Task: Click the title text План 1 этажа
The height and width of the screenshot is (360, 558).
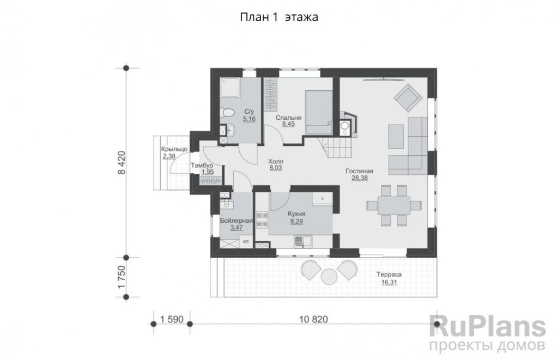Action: tap(279, 17)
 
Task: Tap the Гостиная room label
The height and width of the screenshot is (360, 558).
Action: tap(360, 172)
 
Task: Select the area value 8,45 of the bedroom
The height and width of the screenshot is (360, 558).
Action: tap(288, 124)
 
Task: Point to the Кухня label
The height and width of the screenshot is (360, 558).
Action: tap(297, 214)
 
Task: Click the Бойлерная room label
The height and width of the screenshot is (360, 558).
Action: tap(236, 221)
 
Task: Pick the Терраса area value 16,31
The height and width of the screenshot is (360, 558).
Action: tap(389, 283)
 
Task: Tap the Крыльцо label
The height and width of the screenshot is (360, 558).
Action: tap(174, 149)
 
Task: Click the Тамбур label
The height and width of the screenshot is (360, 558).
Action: tap(202, 166)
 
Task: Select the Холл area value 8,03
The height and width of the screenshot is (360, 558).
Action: tap(276, 168)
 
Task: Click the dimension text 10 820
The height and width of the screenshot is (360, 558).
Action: tap(313, 320)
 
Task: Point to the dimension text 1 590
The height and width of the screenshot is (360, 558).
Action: tap(172, 320)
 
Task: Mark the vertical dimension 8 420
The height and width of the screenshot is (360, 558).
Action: tap(122, 162)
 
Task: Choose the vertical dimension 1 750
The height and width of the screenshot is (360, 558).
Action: tap(122, 277)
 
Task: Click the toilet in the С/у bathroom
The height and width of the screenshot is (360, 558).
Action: tap(227, 113)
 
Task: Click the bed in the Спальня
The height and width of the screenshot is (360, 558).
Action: tap(318, 112)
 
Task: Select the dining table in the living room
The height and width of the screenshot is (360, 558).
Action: tap(394, 206)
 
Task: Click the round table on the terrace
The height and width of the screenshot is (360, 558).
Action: tap(329, 276)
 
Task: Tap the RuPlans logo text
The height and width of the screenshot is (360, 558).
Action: tap(488, 326)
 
